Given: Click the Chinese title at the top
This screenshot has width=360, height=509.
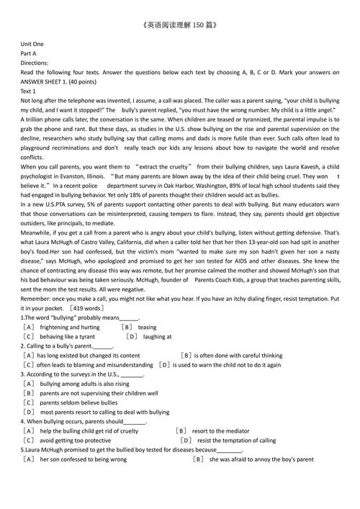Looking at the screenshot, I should click(179, 25).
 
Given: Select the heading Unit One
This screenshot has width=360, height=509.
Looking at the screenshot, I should click(32, 44).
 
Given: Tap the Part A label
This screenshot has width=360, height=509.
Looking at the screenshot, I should click(29, 53).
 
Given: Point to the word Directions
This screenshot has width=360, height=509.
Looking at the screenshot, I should click(35, 63).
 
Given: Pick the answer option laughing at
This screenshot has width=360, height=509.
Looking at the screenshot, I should click(158, 335).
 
